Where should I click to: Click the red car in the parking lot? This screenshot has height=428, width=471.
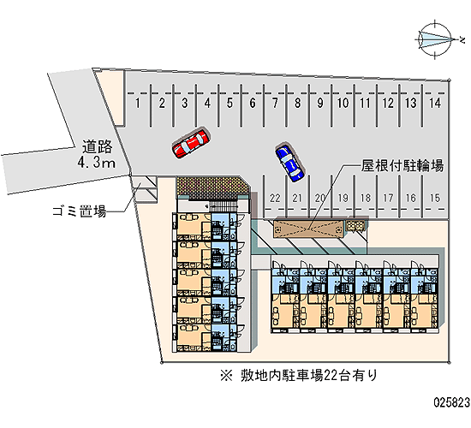191,143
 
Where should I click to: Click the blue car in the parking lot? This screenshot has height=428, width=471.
289,163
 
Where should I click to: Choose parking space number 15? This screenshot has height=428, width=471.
435,198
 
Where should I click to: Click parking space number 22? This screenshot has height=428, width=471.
275,198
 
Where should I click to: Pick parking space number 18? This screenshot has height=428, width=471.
366,198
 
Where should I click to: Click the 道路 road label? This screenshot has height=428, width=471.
97,147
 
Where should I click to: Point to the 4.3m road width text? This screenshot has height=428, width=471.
97,163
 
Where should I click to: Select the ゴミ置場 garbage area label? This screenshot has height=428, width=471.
80,211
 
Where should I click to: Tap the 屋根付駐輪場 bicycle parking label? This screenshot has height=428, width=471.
402,165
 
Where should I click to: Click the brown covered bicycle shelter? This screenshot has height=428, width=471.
308,229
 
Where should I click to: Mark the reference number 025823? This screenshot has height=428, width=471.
451,402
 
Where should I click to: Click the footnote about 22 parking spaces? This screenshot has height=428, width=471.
299,376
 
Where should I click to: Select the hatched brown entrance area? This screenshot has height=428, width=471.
213,187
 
